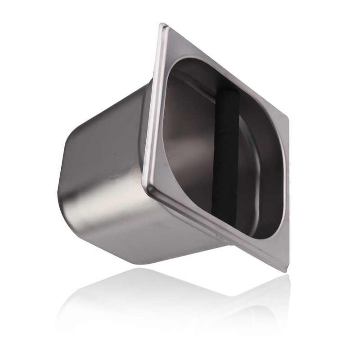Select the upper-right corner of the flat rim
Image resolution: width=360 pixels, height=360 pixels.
coord(286,116)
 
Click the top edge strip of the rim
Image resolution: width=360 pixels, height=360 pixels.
coord(225,67)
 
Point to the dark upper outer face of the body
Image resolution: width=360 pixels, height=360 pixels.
coord(112,112)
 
